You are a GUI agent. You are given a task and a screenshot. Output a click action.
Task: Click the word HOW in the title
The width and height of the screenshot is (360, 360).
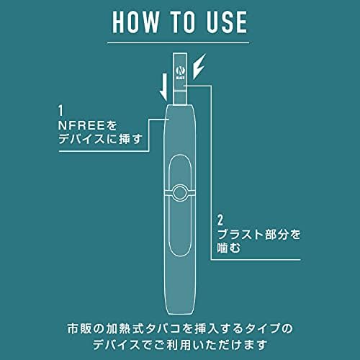[x=136, y=22]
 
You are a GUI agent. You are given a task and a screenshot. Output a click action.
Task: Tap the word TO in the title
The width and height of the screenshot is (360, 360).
[x=183, y=22]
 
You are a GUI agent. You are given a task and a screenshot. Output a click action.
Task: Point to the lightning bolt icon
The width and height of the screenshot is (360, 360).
[x=199, y=66]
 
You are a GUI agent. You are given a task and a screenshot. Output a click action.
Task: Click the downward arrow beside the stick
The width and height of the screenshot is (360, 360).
[x=164, y=87]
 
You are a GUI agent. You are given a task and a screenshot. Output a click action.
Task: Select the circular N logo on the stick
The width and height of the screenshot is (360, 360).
[x=180, y=71]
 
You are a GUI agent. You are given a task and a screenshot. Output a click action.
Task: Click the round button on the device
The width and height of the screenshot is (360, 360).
[x=180, y=192]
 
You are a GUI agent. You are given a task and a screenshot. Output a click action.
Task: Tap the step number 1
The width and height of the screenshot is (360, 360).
[x=60, y=111]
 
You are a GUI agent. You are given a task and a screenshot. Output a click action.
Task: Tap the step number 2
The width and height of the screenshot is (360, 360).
[x=220, y=220]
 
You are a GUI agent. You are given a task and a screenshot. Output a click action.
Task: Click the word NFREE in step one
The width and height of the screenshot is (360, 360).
[x=81, y=125]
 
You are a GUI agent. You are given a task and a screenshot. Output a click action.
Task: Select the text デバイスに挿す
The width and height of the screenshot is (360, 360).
[x=100, y=139]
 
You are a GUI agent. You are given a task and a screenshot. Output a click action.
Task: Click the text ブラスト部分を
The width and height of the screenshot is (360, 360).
[x=258, y=234]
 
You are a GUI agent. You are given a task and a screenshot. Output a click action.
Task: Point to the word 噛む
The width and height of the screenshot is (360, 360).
[x=229, y=248]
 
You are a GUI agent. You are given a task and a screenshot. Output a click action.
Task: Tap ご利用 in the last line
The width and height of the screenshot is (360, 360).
[x=168, y=345]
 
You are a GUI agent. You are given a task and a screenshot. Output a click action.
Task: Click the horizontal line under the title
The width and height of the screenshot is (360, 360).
[x=178, y=43]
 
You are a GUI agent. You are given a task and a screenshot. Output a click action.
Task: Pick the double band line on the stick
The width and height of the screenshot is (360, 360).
[x=180, y=91]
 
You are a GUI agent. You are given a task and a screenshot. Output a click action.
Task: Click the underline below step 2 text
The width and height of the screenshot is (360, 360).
[x=256, y=259]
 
